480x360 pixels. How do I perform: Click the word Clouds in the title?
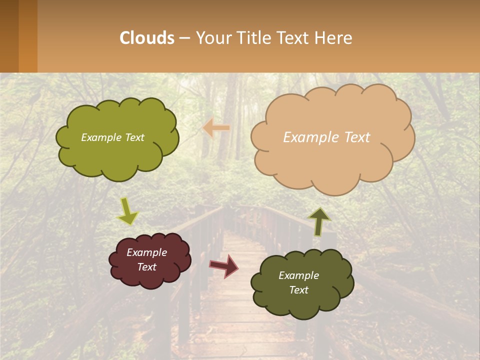(x=147, y=38)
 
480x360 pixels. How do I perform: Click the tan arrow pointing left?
(x=216, y=128)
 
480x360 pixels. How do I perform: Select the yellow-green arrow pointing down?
(x=127, y=211)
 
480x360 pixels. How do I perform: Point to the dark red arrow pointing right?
(x=224, y=265)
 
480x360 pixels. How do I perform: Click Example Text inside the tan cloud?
(x=326, y=137)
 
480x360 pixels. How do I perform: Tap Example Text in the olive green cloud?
(x=112, y=137)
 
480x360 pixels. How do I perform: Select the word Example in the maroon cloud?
(x=146, y=252)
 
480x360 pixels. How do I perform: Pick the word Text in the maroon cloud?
(x=147, y=267)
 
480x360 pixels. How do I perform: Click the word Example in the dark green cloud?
(x=298, y=275)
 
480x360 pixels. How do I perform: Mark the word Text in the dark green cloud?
(x=298, y=290)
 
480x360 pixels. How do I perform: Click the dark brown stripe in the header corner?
(x=9, y=36)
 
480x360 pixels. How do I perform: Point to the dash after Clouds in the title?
(x=184, y=38)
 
